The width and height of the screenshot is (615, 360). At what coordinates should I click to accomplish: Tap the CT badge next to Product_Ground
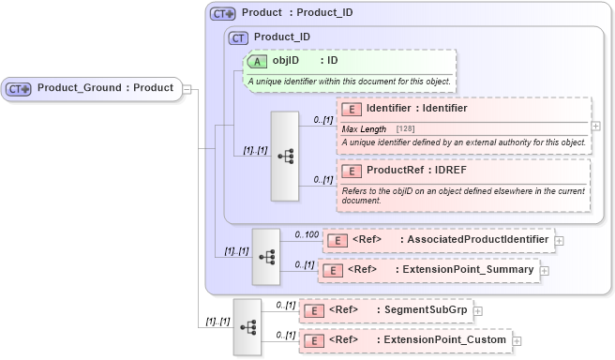point(19,89)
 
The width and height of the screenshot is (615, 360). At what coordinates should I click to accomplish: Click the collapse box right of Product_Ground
point(187,89)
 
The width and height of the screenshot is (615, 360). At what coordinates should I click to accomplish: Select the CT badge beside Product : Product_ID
point(222,14)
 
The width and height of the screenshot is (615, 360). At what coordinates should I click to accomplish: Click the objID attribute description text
point(350,82)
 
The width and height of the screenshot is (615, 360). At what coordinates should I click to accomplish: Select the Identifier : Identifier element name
point(416,109)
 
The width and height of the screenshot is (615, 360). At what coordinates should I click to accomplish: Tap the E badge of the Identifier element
point(352,110)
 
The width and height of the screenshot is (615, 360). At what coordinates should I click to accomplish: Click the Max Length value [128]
point(405,128)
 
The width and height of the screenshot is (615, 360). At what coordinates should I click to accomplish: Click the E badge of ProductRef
point(352,172)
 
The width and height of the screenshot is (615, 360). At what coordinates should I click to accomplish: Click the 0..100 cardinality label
point(306,234)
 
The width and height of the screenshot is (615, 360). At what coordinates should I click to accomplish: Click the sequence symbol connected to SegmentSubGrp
point(247,326)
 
